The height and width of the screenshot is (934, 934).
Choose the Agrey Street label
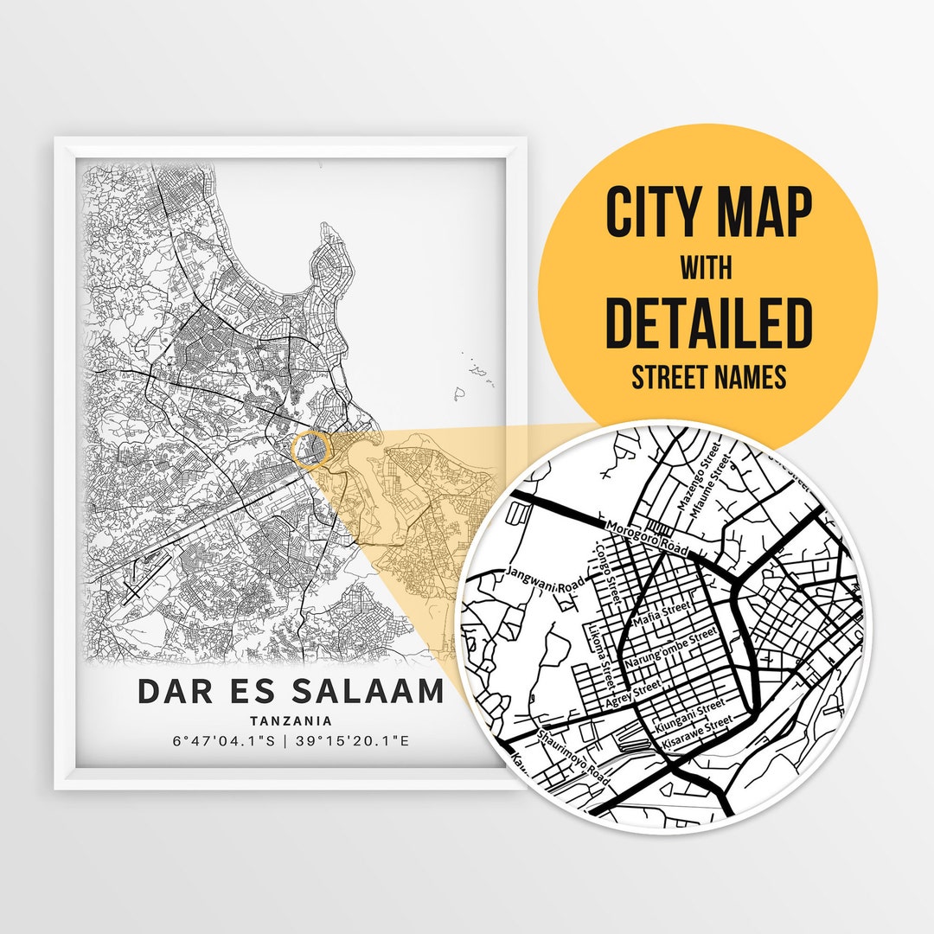633,695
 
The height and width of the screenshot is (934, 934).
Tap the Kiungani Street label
690,716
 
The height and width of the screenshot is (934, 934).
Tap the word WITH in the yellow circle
707,268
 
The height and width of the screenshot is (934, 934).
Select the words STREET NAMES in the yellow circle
708,378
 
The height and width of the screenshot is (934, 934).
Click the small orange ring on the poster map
310,449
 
